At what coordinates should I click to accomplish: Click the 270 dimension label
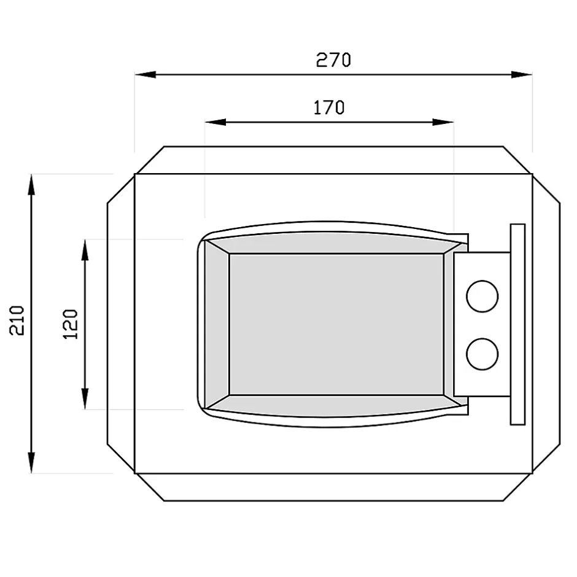333,60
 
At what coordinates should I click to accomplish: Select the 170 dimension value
329,107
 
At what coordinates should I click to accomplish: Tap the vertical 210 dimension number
17,320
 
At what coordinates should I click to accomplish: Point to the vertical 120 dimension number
71,324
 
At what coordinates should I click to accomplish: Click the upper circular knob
482,296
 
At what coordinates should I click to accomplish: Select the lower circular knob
482,354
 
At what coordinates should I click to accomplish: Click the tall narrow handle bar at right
517,324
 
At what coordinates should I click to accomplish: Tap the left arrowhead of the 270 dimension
145,75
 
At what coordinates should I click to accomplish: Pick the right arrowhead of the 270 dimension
522,75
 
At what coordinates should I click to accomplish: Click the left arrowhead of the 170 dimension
215,122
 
